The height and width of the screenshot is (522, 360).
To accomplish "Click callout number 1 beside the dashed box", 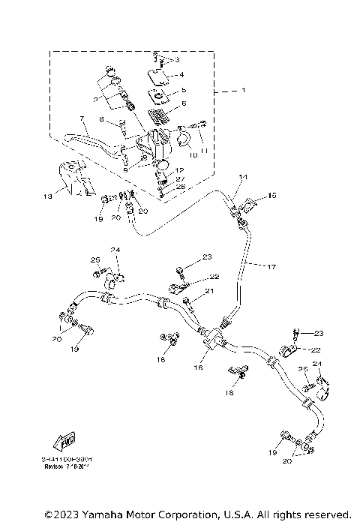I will pos(242,91).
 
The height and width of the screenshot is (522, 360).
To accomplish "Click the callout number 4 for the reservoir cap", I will pos(180,75).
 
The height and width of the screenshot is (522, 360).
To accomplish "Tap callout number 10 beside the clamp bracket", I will pos(193,155).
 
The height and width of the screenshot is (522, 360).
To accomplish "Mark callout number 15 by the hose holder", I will pos(271,195).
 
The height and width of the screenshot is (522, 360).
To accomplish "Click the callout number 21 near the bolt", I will pos(211,292).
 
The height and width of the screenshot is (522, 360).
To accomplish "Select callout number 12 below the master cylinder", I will pos(179,170).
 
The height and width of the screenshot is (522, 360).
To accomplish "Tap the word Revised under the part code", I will pos(55,465).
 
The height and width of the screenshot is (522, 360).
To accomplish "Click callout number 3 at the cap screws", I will pos(178,58).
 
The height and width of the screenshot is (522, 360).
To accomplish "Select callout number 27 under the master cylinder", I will pos(178,179).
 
